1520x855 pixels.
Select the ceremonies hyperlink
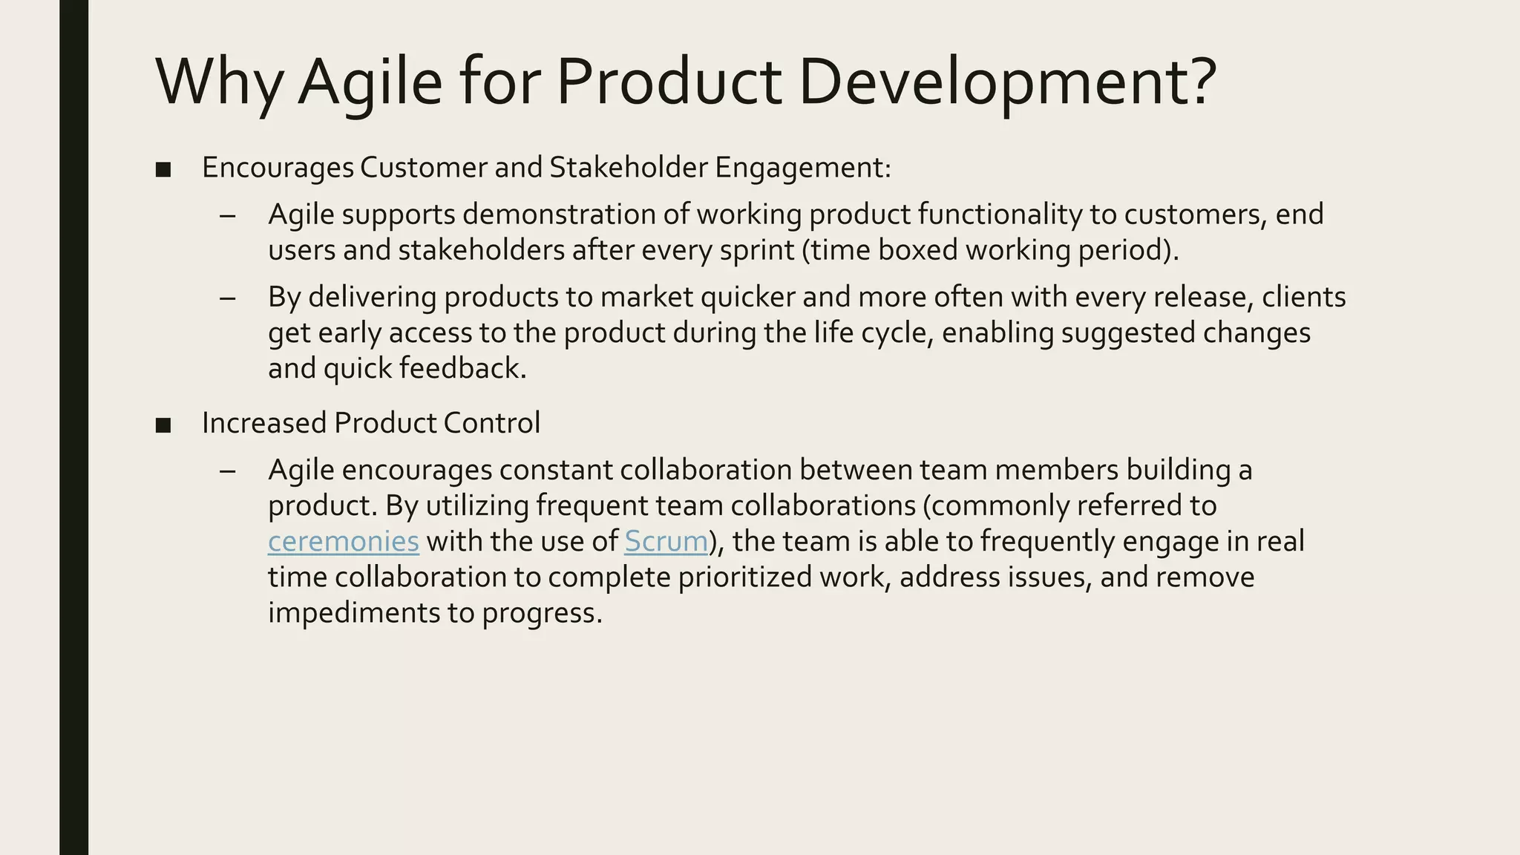click(x=343, y=541)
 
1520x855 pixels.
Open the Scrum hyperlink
click(x=666, y=541)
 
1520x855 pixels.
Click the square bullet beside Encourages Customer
click(x=163, y=170)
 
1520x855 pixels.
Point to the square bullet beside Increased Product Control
click(x=163, y=425)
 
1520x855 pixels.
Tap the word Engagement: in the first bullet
click(x=802, y=168)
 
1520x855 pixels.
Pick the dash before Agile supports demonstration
click(x=228, y=216)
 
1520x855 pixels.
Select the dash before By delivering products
click(x=228, y=298)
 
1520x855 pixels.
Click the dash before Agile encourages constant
click(x=228, y=471)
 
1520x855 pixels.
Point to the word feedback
click(x=462, y=368)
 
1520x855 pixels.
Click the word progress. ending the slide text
click(x=542, y=614)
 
